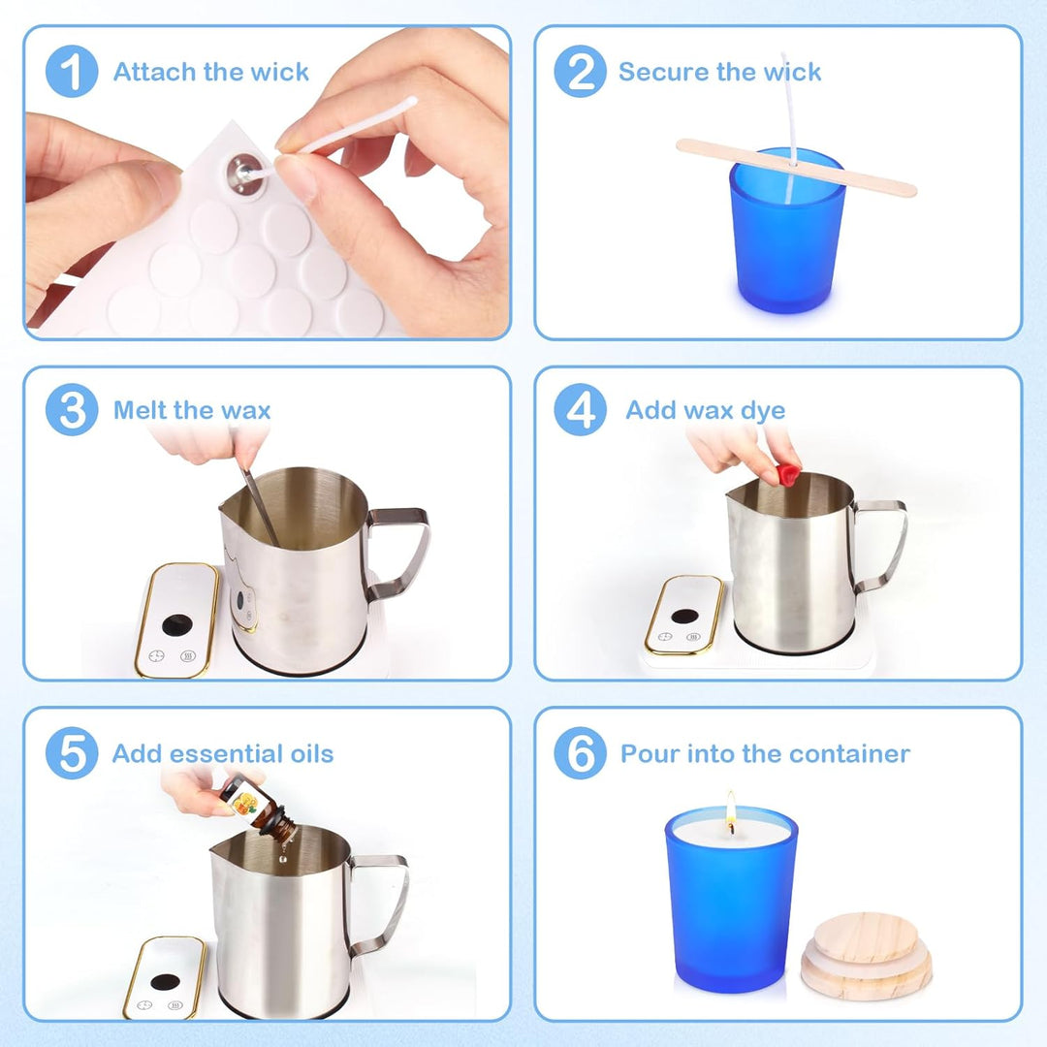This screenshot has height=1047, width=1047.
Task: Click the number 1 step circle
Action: click(72, 72)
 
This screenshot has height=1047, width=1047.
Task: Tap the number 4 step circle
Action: click(581, 409)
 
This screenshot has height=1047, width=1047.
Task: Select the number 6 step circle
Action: click(581, 752)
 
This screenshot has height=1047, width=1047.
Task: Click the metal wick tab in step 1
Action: click(245, 174)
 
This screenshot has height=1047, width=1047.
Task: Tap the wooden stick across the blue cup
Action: click(796, 168)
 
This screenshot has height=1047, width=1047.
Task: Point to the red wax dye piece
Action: click(788, 474)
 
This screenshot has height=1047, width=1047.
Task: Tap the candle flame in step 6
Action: click(731, 806)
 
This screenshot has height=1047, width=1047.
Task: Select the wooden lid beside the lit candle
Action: click(866, 956)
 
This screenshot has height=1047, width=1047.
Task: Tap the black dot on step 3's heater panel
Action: click(177, 625)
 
